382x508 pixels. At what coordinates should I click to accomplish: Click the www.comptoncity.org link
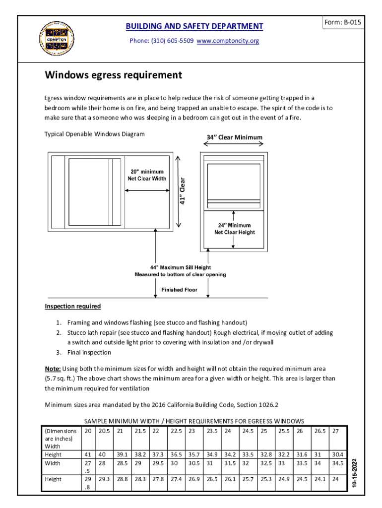(x=228, y=41)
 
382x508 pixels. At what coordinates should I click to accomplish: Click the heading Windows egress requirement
(x=114, y=75)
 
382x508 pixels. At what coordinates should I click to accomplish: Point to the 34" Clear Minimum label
(x=234, y=137)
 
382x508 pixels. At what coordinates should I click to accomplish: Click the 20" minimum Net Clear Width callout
(x=145, y=175)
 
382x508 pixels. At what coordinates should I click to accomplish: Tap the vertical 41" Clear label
(x=183, y=191)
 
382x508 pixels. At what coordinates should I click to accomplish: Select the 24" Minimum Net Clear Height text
(x=235, y=229)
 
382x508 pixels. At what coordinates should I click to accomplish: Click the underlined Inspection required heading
(x=73, y=306)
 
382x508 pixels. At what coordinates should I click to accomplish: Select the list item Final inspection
(x=89, y=352)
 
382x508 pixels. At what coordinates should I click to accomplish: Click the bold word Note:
(x=53, y=369)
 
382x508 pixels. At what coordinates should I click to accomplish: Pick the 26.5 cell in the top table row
(x=320, y=431)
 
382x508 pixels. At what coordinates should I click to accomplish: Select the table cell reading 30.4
(x=338, y=454)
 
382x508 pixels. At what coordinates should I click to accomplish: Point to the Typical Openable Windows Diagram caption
(x=95, y=134)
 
